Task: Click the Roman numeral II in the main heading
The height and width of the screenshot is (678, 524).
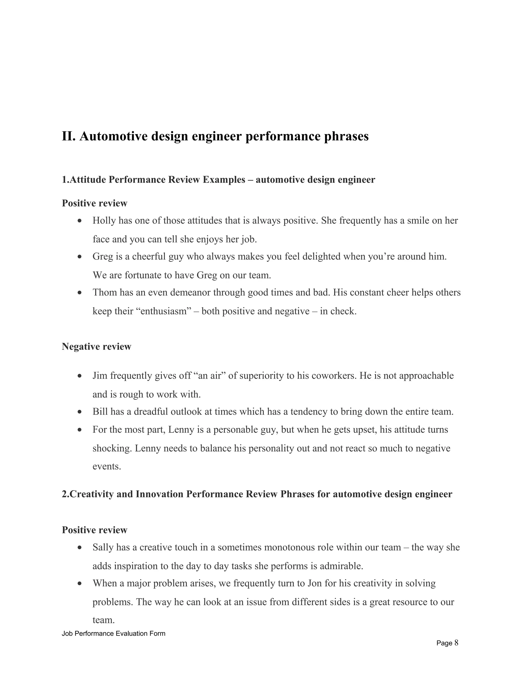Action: pyautogui.click(x=69, y=136)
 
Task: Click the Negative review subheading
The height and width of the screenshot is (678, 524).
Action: pyautogui.click(x=96, y=346)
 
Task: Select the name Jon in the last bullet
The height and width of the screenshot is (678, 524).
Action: pyautogui.click(x=314, y=583)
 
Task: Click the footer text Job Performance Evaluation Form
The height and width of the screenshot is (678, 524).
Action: pyautogui.click(x=113, y=633)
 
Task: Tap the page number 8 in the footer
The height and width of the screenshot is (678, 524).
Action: pyautogui.click(x=456, y=643)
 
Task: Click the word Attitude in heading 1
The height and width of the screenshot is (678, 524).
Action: pyautogui.click(x=88, y=180)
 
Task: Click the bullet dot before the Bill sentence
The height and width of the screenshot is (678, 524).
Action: pyautogui.click(x=80, y=412)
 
